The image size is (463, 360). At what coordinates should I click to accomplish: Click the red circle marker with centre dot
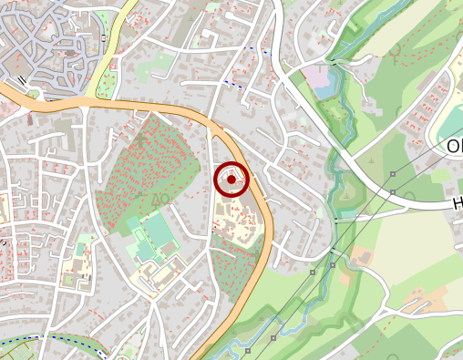[231, 180]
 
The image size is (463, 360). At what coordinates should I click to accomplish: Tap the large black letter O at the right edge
[455, 147]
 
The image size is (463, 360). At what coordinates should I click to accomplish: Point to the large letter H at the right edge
[458, 204]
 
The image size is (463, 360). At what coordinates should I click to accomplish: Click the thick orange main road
[146, 107]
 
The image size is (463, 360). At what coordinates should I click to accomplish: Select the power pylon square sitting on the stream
[333, 264]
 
